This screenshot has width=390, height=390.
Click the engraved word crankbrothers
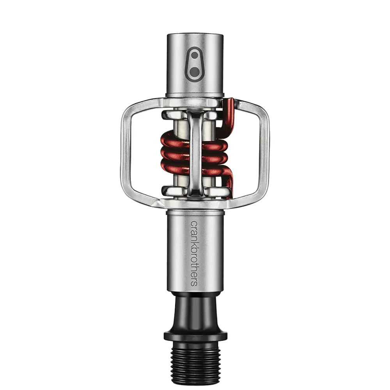(x=193, y=253)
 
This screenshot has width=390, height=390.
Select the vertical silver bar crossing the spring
(x=195, y=152)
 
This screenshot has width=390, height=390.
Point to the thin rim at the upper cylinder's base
(x=195, y=95)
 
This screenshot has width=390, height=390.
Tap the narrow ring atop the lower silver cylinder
(x=195, y=212)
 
